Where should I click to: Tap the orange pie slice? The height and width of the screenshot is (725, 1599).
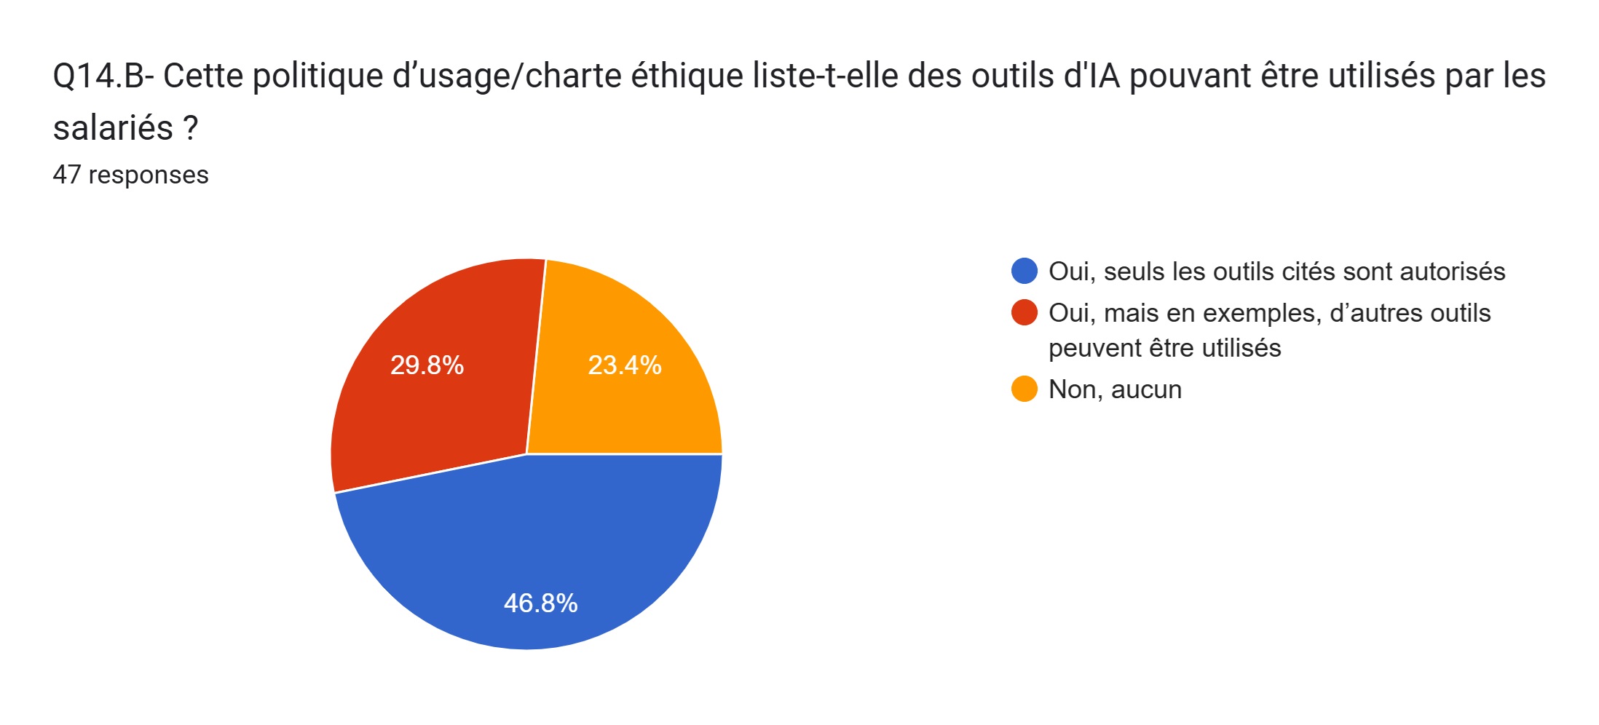626,408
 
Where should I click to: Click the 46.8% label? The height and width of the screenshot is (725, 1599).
540,603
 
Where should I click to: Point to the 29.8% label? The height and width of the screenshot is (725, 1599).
427,365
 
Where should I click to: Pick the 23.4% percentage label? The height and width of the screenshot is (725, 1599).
625,365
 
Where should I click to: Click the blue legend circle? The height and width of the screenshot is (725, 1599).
1024,271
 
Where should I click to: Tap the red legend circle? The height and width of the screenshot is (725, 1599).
1024,312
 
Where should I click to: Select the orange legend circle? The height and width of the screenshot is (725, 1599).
1024,389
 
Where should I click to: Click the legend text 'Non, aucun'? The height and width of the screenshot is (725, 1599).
1115,389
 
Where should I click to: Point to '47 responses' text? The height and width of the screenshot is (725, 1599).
131,175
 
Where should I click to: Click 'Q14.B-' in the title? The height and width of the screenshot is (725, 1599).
103,76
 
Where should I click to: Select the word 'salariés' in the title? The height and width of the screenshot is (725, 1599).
113,128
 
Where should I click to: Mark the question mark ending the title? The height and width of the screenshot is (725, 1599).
191,128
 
